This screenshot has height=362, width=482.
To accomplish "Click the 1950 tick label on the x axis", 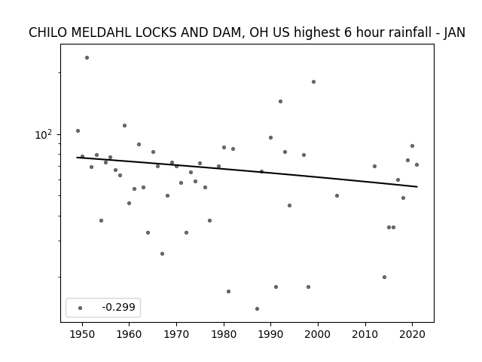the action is [x=82, y=334].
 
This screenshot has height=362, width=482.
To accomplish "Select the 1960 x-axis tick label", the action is [x=129, y=334].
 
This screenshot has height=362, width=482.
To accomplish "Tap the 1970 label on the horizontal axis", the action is [x=176, y=334].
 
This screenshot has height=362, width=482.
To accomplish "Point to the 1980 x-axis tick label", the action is [x=224, y=334].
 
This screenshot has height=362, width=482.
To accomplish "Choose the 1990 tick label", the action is [x=271, y=334].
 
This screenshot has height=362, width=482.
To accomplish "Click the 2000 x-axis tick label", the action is [x=318, y=334].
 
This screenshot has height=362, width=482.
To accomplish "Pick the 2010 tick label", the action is [x=365, y=334].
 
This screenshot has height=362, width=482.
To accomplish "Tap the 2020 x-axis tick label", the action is [x=412, y=334].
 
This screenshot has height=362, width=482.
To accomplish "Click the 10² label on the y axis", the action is [x=44, y=135].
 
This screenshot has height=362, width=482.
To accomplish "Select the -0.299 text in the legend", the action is [x=119, y=307].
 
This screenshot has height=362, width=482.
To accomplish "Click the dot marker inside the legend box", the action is [x=81, y=308].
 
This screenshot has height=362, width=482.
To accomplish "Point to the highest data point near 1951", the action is [x=87, y=57].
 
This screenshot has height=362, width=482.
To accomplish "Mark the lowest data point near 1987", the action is [x=257, y=308].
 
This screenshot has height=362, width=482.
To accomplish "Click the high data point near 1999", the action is [x=313, y=82].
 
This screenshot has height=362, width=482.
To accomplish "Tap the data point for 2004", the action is [x=337, y=196].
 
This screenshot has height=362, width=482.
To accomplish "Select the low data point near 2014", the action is [x=384, y=277].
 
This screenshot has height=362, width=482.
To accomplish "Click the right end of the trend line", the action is [x=417, y=186].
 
